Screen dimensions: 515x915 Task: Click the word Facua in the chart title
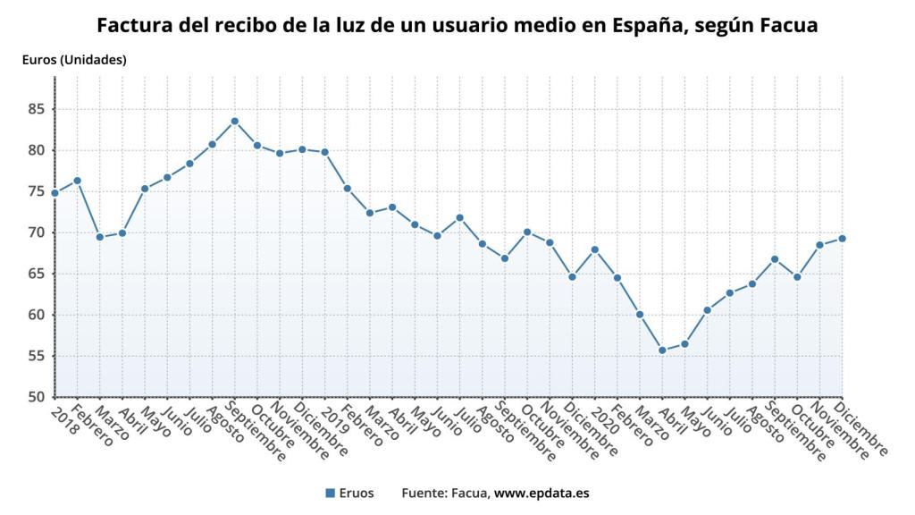(x=788, y=25)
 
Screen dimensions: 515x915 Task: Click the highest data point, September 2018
(x=234, y=121)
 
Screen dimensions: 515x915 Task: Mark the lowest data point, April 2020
(x=662, y=350)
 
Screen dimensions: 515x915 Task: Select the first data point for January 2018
(x=55, y=193)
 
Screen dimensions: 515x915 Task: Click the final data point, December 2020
(x=842, y=238)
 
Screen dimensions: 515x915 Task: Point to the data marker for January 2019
(x=324, y=152)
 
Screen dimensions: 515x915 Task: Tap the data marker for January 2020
(x=594, y=249)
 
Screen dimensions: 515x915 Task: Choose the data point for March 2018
(x=99, y=237)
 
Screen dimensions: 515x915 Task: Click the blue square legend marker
(x=330, y=493)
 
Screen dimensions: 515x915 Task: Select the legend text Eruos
(x=357, y=493)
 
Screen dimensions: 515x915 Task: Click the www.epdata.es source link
(x=541, y=493)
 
